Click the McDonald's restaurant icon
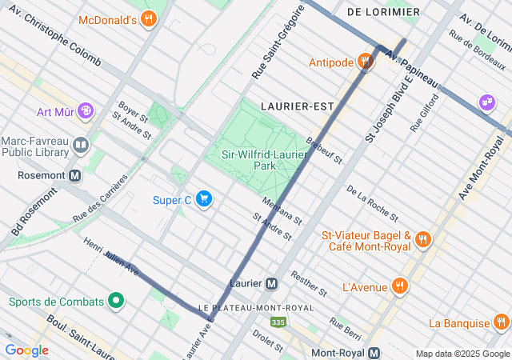(147, 19)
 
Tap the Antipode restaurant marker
(366, 62)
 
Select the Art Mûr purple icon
(86, 112)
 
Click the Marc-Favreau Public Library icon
(81, 145)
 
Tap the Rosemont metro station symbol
(74, 174)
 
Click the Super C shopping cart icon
(204, 199)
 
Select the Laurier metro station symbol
(272, 283)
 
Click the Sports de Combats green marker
(116, 302)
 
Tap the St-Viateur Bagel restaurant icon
(423, 238)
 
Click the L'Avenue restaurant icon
(399, 286)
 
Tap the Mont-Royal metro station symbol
(375, 353)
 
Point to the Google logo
(26, 350)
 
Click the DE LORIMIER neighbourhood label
(383, 12)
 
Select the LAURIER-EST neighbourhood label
(297, 106)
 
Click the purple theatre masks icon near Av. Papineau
(486, 102)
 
